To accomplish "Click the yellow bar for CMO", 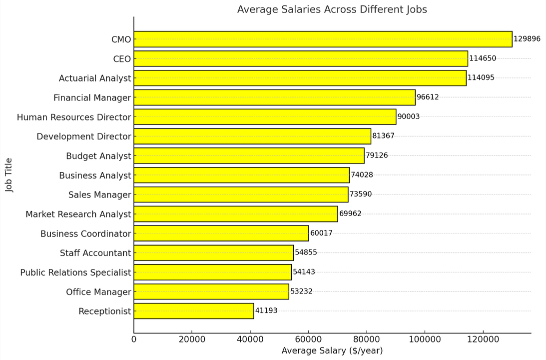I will point(323,39).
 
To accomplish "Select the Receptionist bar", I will point(194,311).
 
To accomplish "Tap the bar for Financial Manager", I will point(274,97).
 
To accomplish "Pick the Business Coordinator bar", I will point(221,233).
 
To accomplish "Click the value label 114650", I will point(483,58).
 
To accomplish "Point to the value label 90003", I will point(408,116).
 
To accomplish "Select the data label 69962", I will point(350,214).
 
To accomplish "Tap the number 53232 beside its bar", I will point(301,291).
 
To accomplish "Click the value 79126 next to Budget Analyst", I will point(377,155).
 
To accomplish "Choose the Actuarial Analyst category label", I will point(95,78).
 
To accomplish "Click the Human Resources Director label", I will point(74,117).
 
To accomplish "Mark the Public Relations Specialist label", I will point(75,272).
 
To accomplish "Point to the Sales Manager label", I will point(100,195).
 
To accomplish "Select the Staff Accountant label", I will point(95,253).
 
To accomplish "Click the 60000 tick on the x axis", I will point(308,339).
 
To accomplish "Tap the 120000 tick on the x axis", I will point(483,339).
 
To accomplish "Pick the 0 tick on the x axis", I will point(134,339).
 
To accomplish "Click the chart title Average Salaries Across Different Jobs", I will point(332,9).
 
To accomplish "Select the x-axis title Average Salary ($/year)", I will point(332,351).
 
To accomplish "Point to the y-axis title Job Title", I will point(9,175).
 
